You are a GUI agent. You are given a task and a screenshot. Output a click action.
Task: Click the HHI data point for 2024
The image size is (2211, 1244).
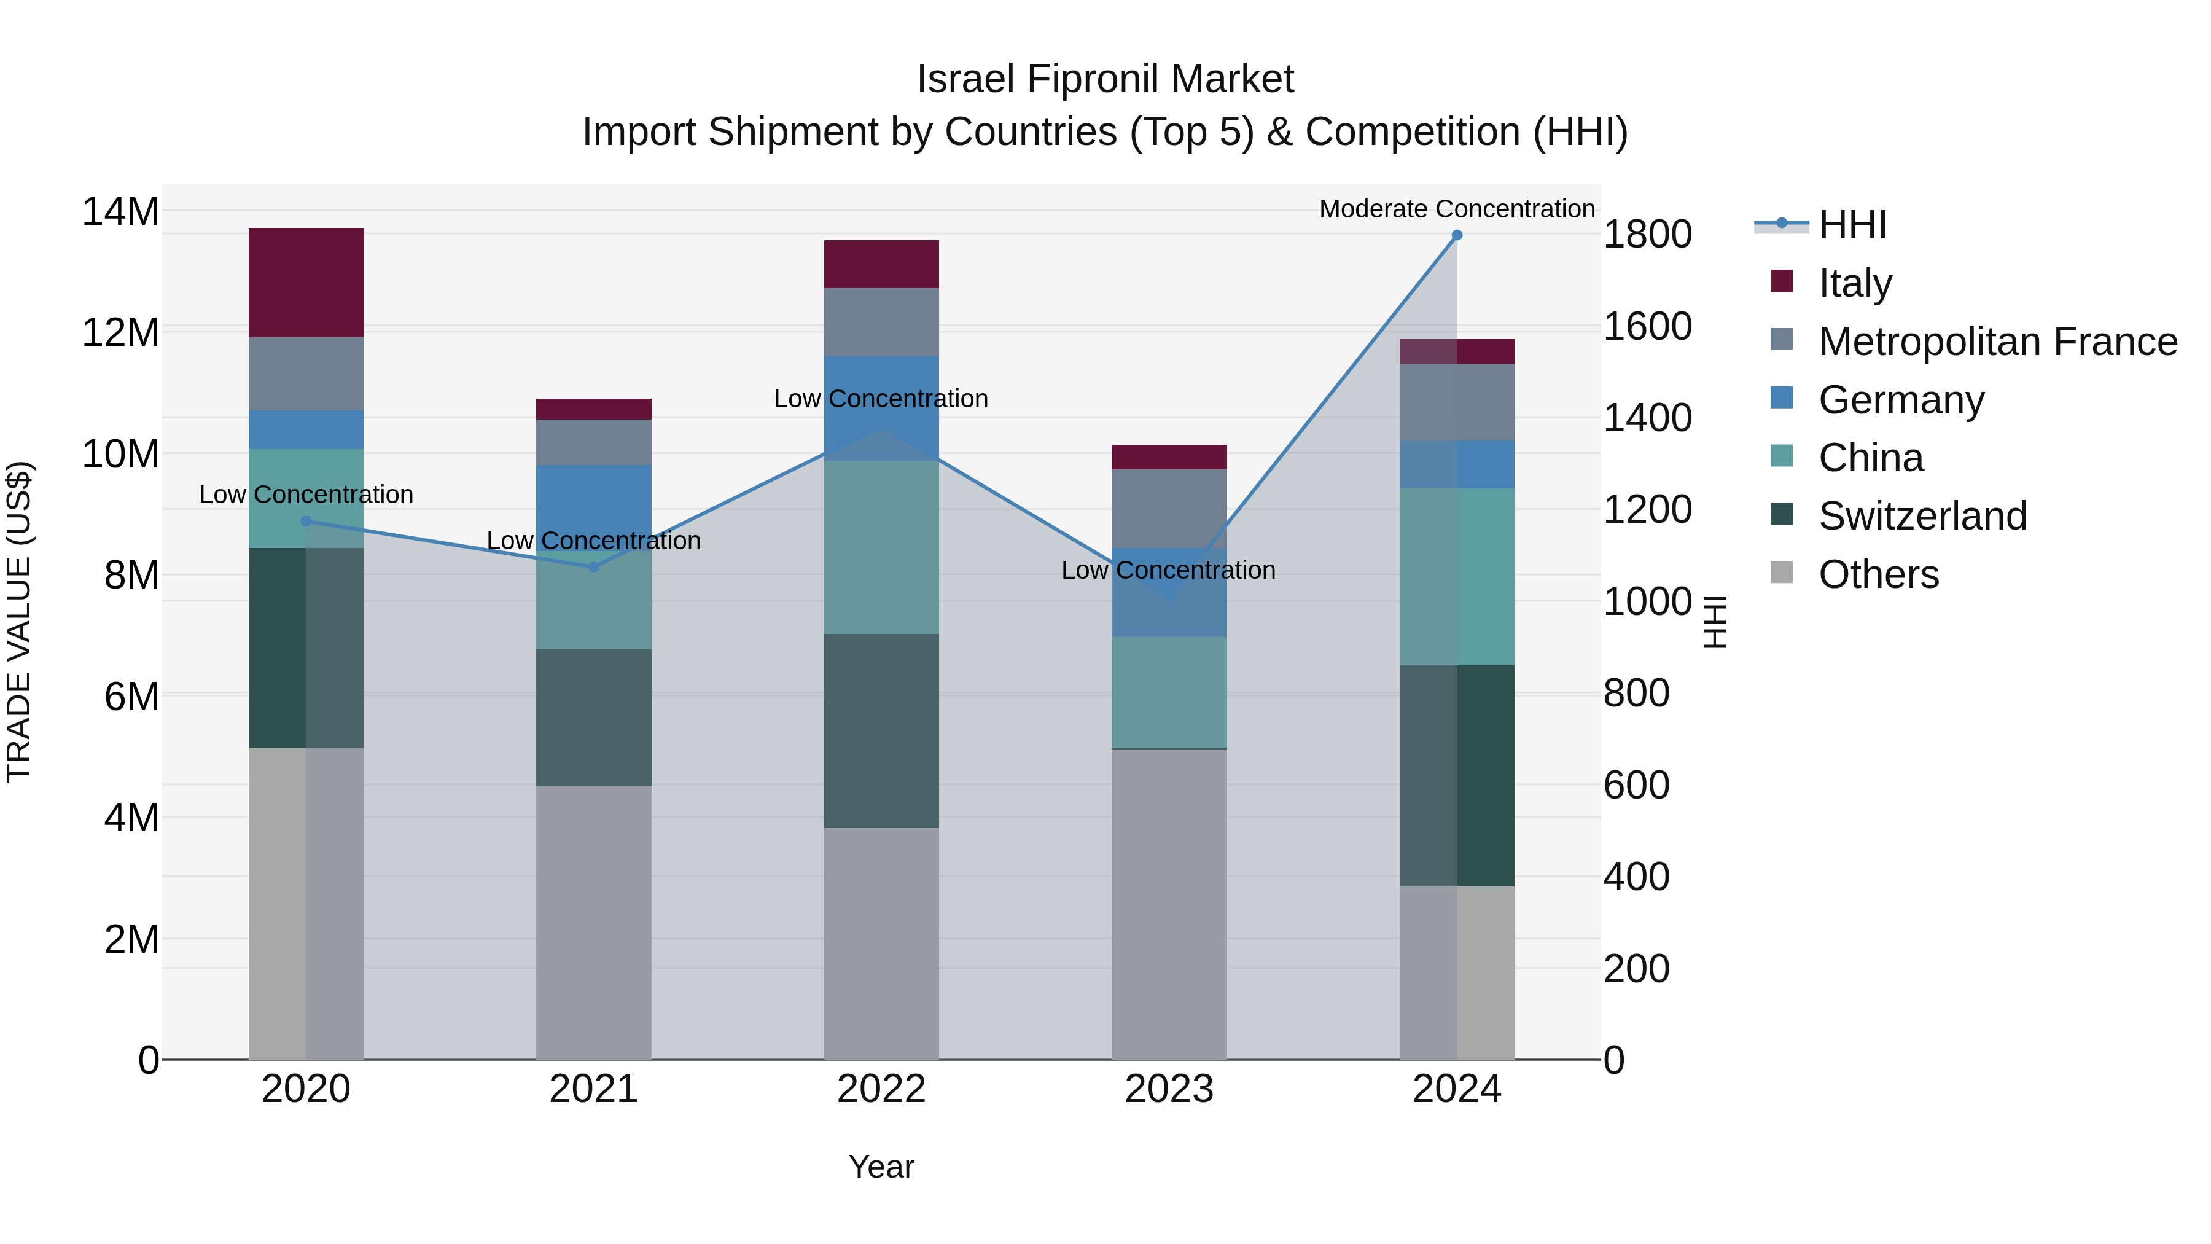pos(1457,235)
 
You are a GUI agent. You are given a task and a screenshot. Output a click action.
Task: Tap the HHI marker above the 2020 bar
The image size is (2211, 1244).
pos(306,521)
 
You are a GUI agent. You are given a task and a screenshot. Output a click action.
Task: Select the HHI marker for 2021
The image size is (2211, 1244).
pos(593,568)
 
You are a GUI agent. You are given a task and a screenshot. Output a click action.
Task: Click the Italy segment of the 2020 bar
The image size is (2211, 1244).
pos(306,283)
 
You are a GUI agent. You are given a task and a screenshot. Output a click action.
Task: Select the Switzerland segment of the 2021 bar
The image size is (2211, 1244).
pos(593,718)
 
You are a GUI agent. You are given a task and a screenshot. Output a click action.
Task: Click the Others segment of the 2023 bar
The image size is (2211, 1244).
pos(1168,904)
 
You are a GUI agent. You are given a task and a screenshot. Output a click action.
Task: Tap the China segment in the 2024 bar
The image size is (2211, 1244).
pos(1457,577)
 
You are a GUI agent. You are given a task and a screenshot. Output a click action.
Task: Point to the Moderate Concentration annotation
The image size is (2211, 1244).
pos(1457,209)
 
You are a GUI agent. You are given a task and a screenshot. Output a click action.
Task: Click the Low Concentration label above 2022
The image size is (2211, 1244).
pos(881,399)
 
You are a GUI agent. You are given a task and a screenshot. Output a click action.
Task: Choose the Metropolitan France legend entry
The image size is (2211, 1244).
pos(1997,342)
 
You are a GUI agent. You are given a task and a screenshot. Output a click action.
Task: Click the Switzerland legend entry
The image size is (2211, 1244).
pos(1922,516)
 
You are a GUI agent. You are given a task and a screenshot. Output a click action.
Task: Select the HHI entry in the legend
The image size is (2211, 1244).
pos(1852,225)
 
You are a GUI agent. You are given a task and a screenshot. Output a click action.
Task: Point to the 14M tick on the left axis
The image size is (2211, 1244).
pos(120,211)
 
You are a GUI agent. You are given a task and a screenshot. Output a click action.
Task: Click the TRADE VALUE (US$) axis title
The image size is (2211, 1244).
pos(20,622)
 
